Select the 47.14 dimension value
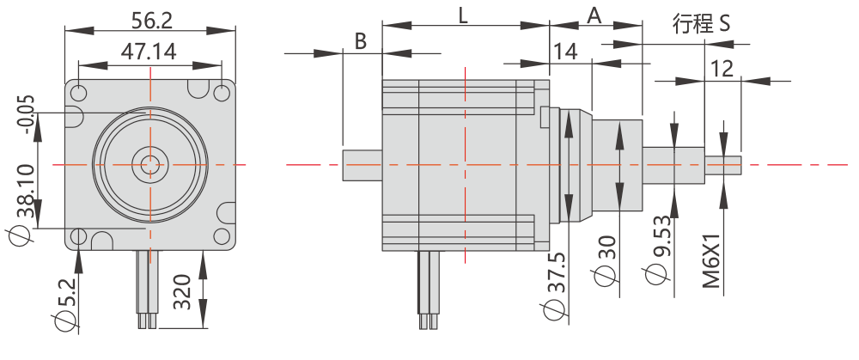point(148,52)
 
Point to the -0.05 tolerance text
point(27,116)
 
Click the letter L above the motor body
point(463,15)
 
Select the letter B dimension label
point(361,40)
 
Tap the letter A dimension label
point(594,15)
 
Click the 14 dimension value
point(565,52)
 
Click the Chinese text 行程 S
point(701,23)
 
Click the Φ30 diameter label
point(605,267)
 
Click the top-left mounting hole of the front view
point(78,92)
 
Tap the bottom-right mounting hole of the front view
point(222,235)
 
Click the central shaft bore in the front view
point(150,163)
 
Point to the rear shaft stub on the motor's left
point(362,164)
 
